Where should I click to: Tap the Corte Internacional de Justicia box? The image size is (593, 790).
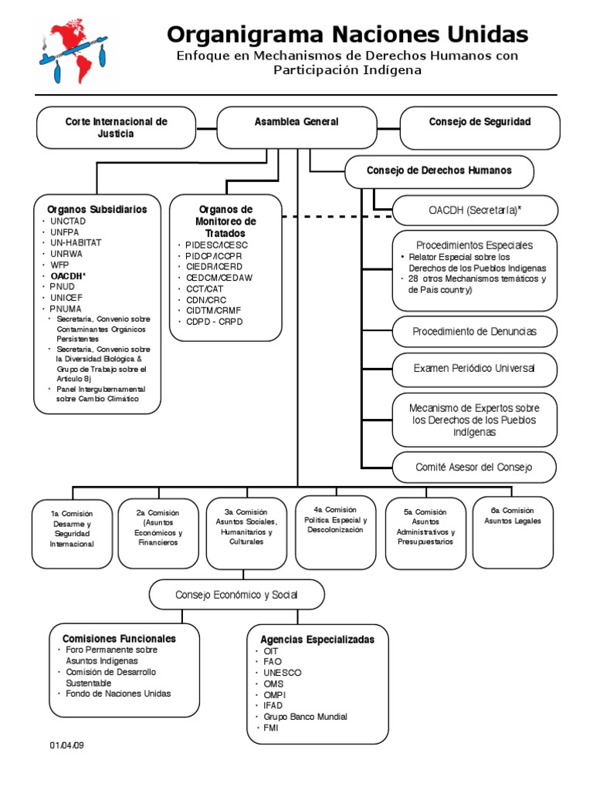[116, 127]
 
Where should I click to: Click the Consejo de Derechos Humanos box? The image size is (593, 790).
[439, 171]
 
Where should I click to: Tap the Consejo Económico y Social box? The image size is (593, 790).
[237, 595]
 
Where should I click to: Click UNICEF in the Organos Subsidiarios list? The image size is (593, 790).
[65, 297]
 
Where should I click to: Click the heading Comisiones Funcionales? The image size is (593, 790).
[114, 639]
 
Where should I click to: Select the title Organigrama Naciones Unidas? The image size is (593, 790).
[347, 34]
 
